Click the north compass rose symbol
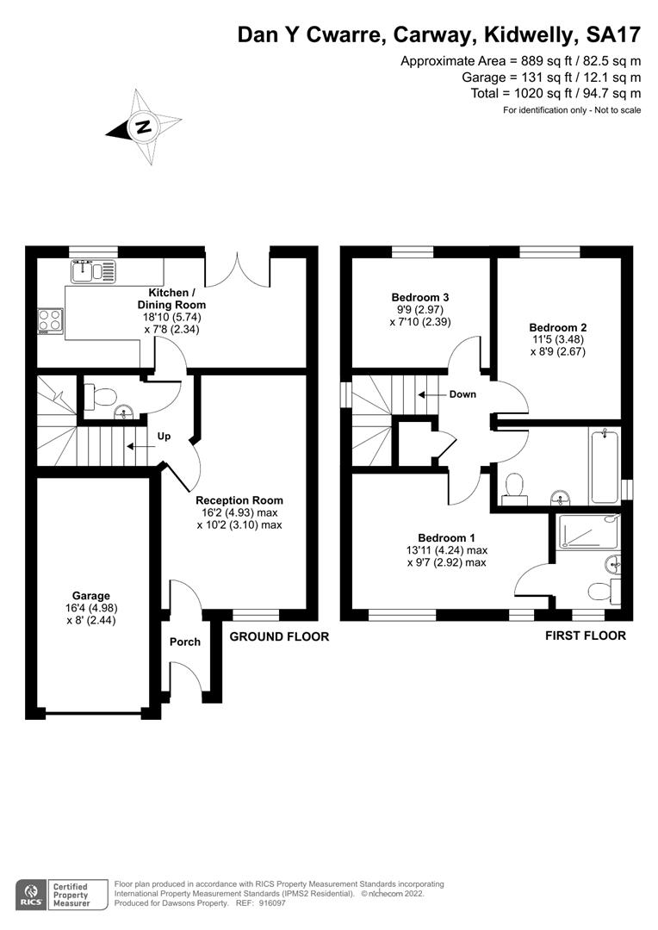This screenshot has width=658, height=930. tap(144, 127)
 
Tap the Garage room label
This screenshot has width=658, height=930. tap(91, 596)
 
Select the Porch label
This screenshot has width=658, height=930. tap(185, 642)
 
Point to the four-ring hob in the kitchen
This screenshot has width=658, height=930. tap(51, 321)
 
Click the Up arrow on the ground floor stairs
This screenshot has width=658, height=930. tap(138, 447)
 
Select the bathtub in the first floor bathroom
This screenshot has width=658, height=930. tap(605, 467)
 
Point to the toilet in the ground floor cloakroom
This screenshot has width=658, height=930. tap(100, 397)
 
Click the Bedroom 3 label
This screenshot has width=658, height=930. tap(420, 297)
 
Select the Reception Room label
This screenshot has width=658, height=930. tap(239, 500)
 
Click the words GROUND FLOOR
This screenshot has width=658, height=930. tap(279, 636)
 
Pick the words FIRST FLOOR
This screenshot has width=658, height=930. tap(586, 635)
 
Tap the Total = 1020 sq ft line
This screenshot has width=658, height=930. tap(556, 93)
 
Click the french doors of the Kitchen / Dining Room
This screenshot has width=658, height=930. tap(238, 269)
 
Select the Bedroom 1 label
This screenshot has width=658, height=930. tap(446, 538)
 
